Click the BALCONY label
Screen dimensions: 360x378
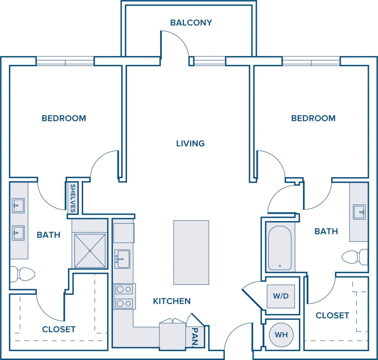pyautogui.click(x=191, y=23)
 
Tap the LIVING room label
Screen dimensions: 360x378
pyautogui.click(x=190, y=143)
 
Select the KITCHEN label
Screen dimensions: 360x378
pyautogui.click(x=172, y=301)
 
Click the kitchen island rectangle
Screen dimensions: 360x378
pyautogui.click(x=191, y=252)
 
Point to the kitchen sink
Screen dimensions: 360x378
pyautogui.click(x=122, y=259)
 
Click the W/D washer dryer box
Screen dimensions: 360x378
pyautogui.click(x=281, y=296)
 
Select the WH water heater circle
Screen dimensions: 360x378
pyautogui.click(x=281, y=335)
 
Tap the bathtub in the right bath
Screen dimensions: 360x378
pyautogui.click(x=280, y=248)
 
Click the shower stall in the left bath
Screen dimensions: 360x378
pyautogui.click(x=90, y=251)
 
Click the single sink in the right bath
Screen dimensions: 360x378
pyautogui.click(x=359, y=212)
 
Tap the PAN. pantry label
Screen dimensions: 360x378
pyautogui.click(x=195, y=336)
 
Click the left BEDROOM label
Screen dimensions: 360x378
pyautogui.click(x=64, y=118)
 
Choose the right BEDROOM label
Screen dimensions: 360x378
pyautogui.click(x=313, y=118)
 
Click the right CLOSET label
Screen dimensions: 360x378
pyautogui.click(x=332, y=315)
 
